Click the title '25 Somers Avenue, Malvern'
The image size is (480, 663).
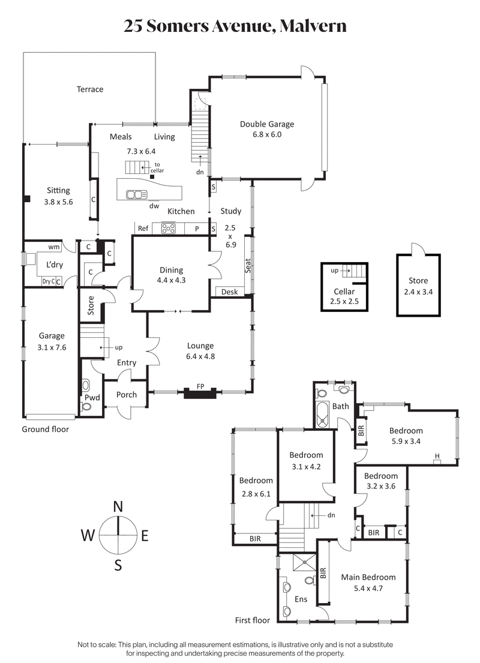(x=235, y=26)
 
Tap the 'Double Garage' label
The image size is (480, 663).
(x=267, y=124)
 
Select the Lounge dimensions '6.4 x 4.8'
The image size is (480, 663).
(x=200, y=356)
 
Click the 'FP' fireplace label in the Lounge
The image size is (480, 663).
(x=200, y=387)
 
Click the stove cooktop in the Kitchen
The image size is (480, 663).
(x=168, y=228)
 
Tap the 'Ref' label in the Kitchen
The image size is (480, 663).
(x=143, y=228)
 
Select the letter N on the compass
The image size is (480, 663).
(x=118, y=507)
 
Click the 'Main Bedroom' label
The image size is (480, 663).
(x=368, y=577)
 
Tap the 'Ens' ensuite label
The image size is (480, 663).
(x=301, y=599)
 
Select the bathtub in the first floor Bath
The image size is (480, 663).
(x=322, y=415)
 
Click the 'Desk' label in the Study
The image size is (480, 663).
(x=229, y=292)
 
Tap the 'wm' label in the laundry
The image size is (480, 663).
(x=53, y=247)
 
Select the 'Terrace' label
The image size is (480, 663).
(x=90, y=89)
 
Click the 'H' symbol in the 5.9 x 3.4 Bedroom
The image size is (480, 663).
(x=437, y=457)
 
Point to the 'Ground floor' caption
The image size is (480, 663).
(x=45, y=429)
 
